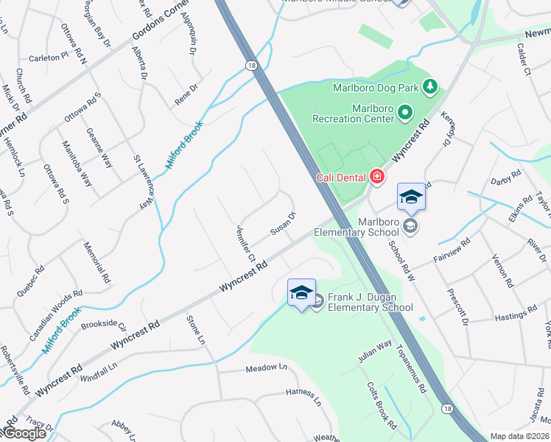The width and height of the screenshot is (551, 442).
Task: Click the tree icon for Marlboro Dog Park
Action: click(430, 88)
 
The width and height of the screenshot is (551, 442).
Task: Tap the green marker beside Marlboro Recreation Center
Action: click(405, 113)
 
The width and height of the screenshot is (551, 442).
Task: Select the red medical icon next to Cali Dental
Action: click(377, 177)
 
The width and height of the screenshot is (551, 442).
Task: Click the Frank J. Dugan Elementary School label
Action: click(371, 301)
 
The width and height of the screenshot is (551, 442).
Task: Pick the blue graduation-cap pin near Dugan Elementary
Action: click(301, 292)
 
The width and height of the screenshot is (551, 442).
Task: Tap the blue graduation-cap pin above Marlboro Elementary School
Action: click(411, 197)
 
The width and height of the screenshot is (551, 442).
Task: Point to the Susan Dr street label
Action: click(282, 224)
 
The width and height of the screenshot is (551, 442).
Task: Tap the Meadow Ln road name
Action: click(265, 368)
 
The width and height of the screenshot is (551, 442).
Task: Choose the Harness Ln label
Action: click(303, 398)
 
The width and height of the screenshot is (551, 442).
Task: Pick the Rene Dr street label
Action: click(186, 96)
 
